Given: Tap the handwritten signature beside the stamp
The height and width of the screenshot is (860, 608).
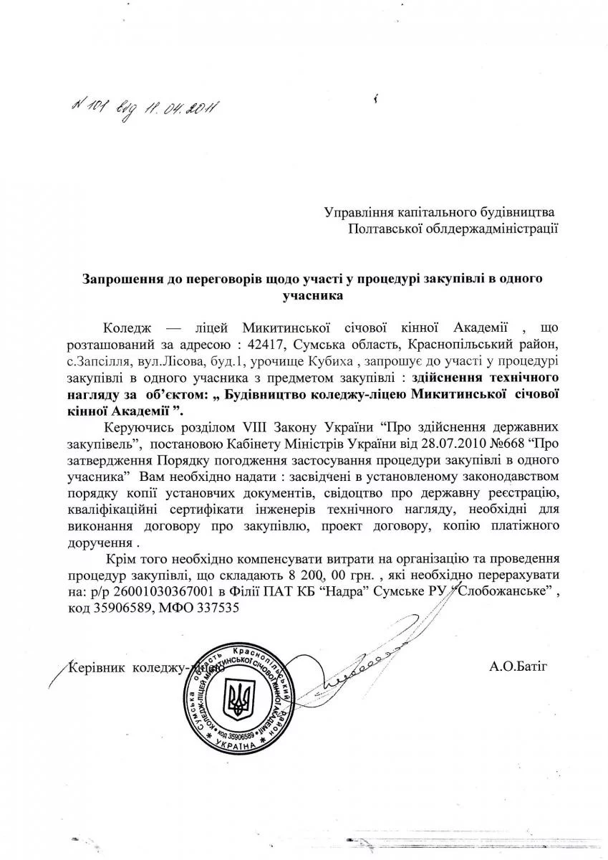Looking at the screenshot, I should click(358, 670).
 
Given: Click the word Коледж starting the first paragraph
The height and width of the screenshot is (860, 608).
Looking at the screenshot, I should click(125, 328).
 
